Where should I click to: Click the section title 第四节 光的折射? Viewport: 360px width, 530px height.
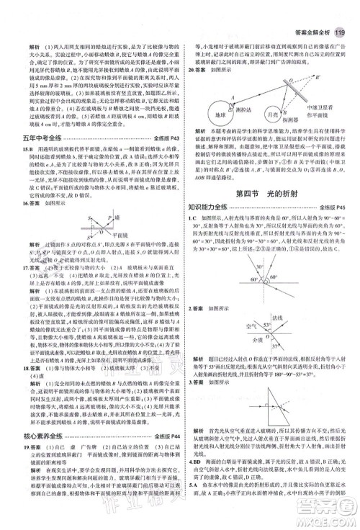[x=271, y=194]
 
